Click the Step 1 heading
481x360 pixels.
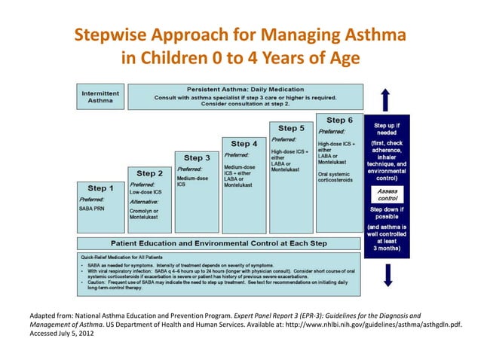(101, 188)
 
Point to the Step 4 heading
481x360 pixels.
(244, 143)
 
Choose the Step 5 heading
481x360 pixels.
(292, 128)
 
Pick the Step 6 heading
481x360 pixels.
(340, 120)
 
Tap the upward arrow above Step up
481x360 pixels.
(387, 99)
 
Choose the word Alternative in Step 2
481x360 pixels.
(145, 202)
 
